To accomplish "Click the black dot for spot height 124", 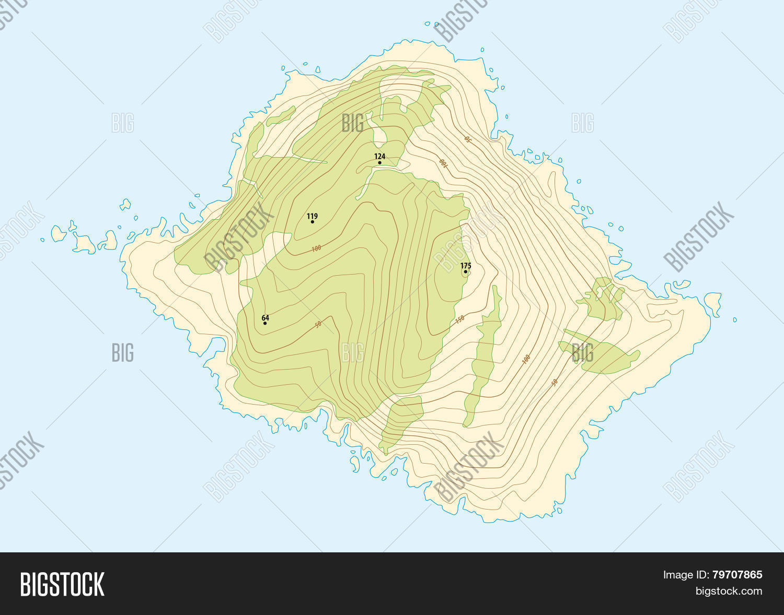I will click(379, 163).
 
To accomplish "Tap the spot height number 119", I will click(312, 216).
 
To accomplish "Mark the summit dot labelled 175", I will click(465, 271).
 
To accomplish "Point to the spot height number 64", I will click(266, 317).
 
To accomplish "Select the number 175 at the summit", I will click(466, 266).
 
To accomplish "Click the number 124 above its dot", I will click(379, 156).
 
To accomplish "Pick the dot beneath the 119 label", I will click(313, 222).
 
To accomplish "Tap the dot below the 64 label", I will click(265, 323).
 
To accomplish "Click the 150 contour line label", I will click(459, 320).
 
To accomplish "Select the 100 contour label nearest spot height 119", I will click(316, 249).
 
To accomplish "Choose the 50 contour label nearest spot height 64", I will click(318, 325).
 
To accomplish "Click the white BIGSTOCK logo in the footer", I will click(62, 584).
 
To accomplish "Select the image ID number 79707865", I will click(737, 575).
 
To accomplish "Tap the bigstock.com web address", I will click(728, 591).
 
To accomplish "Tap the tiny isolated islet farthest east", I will click(735, 320).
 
